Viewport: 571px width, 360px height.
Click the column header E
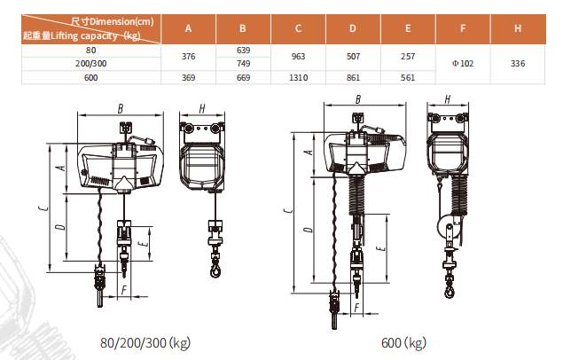408,28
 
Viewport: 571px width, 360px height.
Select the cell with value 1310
298,77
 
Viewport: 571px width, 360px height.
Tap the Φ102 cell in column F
463,64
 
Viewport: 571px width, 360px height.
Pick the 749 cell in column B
243,64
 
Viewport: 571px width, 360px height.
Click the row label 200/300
91,64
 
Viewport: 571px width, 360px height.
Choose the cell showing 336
518,64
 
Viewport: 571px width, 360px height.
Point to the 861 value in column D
353,77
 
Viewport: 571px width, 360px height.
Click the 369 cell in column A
188,77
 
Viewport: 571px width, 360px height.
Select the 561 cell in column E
408,77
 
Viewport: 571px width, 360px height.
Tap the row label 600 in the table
91,77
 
